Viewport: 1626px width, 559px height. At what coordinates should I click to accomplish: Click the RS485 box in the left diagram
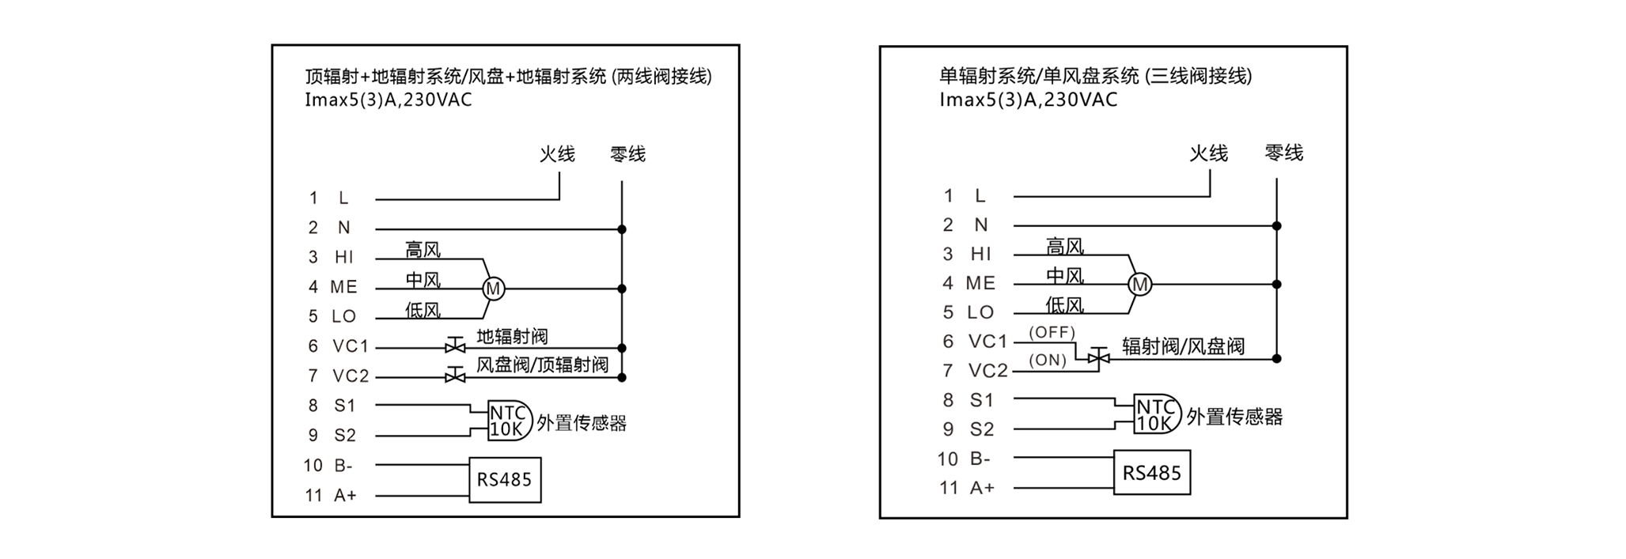point(505,480)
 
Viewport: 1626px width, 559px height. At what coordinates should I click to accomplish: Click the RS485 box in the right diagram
point(1152,473)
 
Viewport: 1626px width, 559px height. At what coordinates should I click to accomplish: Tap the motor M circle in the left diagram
point(494,289)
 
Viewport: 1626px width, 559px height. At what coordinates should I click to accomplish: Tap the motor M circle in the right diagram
point(1140,285)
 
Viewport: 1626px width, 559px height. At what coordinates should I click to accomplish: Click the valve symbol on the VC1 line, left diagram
point(455,346)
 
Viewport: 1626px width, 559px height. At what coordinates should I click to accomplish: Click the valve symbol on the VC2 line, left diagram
point(455,376)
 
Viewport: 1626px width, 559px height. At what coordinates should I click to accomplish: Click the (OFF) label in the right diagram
point(1052,332)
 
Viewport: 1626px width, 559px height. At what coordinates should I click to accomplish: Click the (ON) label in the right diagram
point(1048,361)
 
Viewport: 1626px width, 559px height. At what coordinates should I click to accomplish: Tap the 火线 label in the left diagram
point(557,153)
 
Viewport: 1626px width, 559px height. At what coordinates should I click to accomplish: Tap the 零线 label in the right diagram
point(1283,153)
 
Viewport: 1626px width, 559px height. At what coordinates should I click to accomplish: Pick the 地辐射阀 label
point(512,337)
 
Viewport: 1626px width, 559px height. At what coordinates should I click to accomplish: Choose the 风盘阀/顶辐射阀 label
point(543,364)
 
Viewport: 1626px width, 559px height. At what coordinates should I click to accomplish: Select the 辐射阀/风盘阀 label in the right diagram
point(1184,346)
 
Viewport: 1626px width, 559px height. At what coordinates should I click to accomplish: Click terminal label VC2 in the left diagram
point(351,376)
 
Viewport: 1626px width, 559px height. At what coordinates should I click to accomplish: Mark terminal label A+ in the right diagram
point(982,488)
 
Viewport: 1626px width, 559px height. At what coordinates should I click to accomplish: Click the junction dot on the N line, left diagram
point(622,229)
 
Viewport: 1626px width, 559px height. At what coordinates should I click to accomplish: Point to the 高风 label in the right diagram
point(1065,247)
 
